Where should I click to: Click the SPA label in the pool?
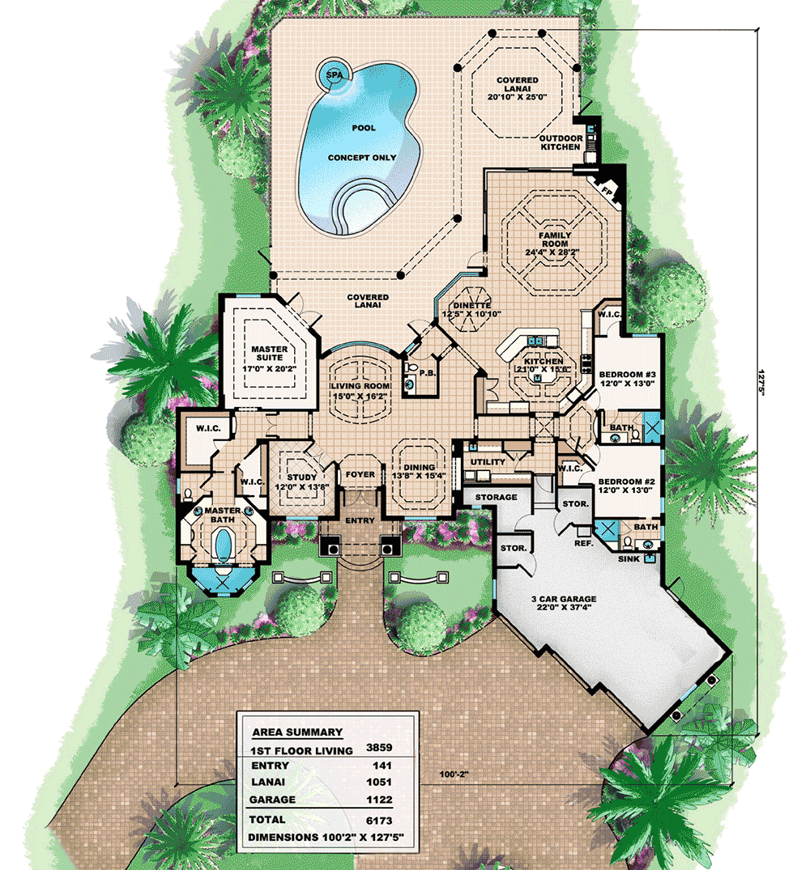pos(335,75)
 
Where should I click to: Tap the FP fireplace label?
pos(607,192)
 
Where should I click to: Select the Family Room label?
pos(554,239)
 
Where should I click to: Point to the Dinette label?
pos(472,305)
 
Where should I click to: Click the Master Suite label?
pos(269,354)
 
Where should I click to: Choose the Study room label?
pos(301,477)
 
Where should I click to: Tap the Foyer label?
pos(360,474)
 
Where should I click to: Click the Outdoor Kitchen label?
pos(561,142)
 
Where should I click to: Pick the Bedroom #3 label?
pos(628,375)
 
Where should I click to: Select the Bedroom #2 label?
pos(626,482)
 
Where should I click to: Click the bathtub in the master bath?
pos(223,545)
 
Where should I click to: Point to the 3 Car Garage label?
pos(564,599)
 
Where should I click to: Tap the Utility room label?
pos(488,461)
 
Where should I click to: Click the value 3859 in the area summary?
pos(379,747)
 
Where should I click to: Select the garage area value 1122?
pos(379,800)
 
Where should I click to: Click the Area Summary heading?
pos(297,732)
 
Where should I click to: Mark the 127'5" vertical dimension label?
pos(761,380)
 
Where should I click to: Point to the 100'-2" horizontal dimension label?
pos(454,774)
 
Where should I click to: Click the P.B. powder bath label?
pos(428,373)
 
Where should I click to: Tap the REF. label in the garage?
pos(583,543)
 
